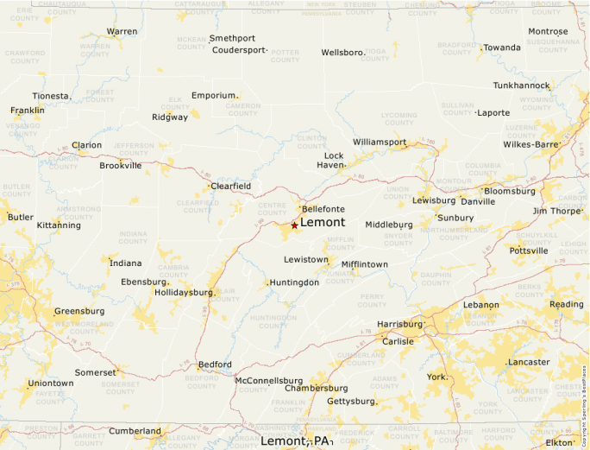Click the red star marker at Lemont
(294, 225)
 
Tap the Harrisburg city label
(400, 324)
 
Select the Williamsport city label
(380, 142)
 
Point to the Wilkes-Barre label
(531, 144)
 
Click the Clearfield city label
(231, 186)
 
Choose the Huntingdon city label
(294, 282)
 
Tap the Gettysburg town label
(350, 401)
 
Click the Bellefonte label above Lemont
(323, 209)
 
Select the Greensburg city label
(79, 311)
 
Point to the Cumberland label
(135, 431)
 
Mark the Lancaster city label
(529, 362)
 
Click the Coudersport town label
(239, 50)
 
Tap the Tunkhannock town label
(521, 86)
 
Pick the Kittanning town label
(59, 225)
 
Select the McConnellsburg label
(269, 380)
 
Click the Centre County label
(273, 209)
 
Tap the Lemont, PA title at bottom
(296, 441)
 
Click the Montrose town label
(548, 32)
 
